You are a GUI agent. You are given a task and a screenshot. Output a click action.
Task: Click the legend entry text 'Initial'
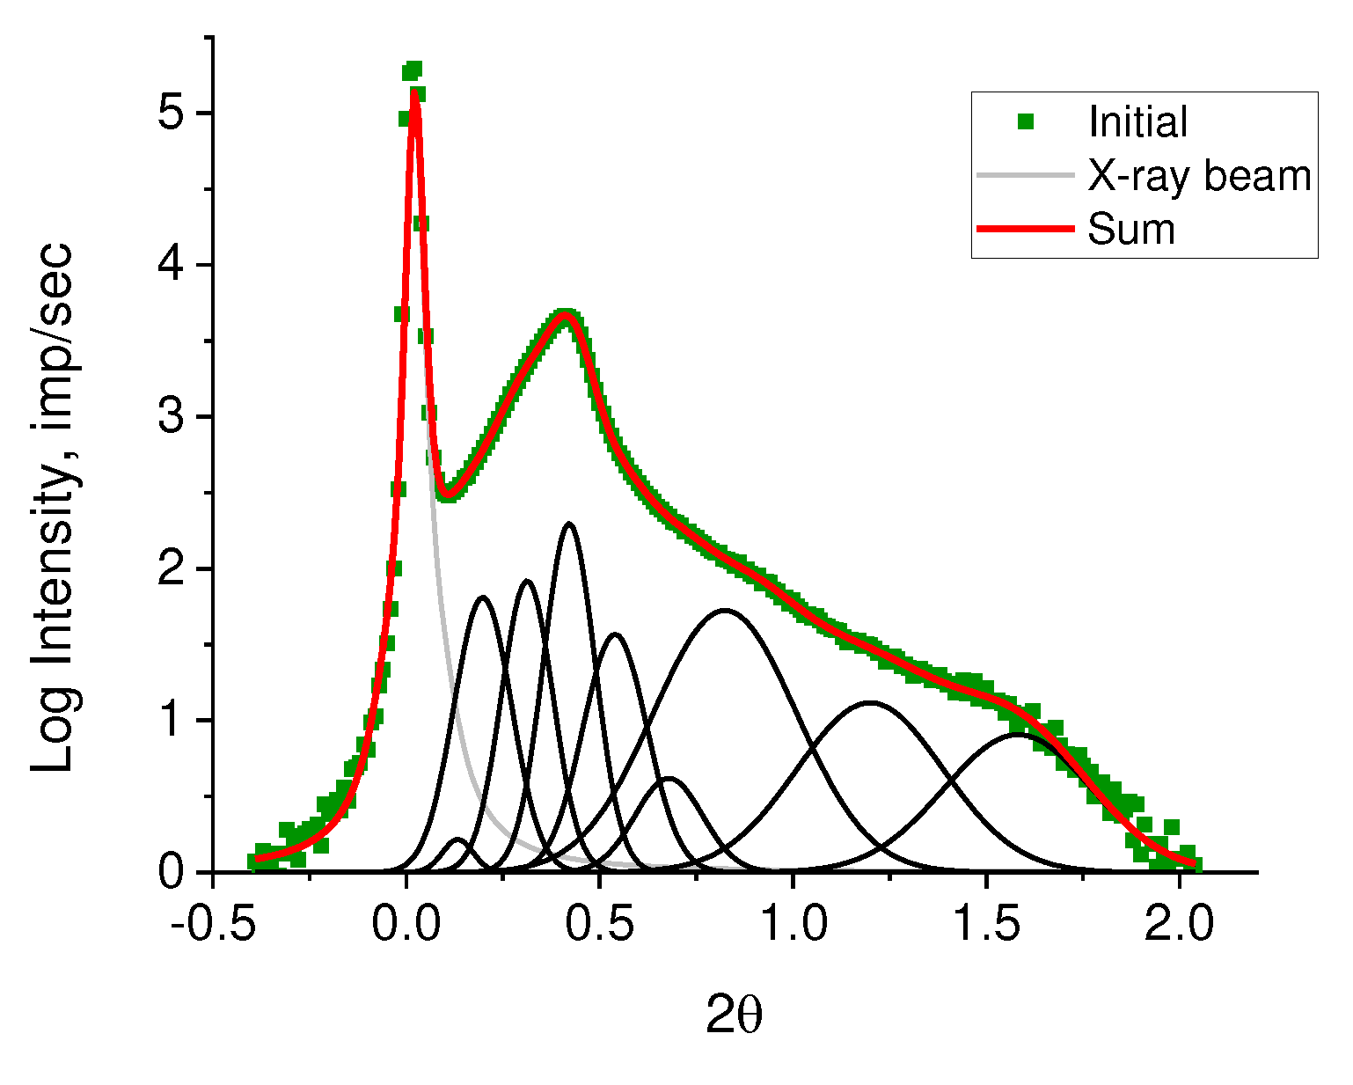[1137, 122]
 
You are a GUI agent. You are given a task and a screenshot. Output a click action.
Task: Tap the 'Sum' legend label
[1131, 230]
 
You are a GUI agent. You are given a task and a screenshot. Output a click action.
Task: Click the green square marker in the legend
[1025, 122]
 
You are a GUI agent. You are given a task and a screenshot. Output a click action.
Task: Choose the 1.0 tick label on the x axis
[793, 926]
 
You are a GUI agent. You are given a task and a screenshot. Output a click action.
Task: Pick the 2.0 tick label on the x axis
[1180, 926]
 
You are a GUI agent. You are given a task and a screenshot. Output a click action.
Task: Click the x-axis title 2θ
[734, 1017]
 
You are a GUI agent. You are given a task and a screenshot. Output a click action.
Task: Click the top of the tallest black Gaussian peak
[569, 524]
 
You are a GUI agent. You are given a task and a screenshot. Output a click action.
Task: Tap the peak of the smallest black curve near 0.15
[458, 839]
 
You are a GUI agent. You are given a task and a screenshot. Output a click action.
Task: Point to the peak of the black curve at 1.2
[870, 702]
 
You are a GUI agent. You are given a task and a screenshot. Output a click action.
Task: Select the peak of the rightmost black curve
[1018, 734]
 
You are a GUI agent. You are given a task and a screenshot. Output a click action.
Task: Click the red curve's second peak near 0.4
[566, 318]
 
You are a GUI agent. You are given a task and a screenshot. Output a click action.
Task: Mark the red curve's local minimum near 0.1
[447, 495]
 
